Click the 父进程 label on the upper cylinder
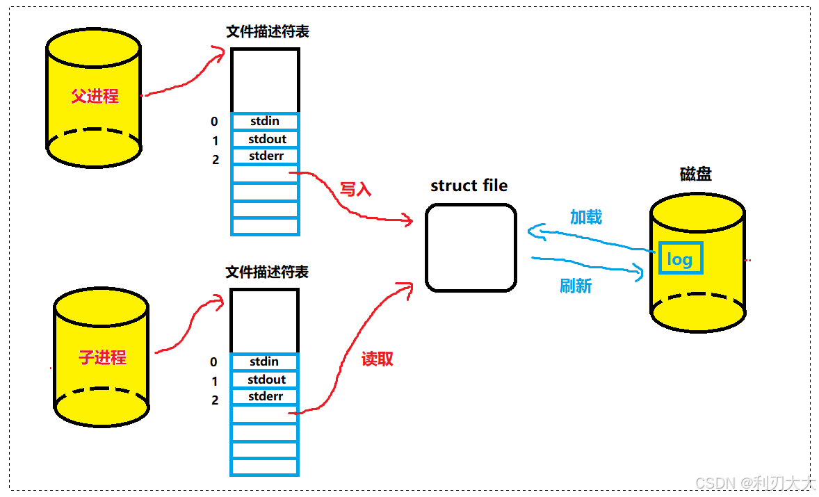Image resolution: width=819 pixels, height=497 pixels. click(95, 96)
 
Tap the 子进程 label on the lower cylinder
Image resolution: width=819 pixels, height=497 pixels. click(102, 358)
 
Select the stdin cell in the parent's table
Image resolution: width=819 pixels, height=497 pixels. click(264, 122)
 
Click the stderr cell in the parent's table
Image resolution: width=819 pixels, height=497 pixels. click(265, 156)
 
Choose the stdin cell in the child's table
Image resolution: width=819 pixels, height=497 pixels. click(264, 361)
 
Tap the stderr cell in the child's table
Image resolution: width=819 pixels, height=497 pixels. click(265, 396)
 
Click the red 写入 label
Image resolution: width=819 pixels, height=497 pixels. click(355, 190)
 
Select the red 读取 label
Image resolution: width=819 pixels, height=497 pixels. click(378, 359)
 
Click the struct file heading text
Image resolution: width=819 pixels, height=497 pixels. click(469, 186)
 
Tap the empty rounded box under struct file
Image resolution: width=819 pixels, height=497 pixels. click(471, 247)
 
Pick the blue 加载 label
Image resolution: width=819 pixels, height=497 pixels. click(585, 217)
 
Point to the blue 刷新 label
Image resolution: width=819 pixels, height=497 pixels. click(576, 286)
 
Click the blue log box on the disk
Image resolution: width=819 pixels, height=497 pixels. click(680, 259)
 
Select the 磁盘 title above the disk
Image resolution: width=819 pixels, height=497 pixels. click(695, 174)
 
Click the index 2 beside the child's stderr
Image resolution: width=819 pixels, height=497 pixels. click(215, 400)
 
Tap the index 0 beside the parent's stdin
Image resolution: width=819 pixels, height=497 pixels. click(214, 122)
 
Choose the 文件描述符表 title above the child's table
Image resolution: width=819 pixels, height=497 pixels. click(267, 272)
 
